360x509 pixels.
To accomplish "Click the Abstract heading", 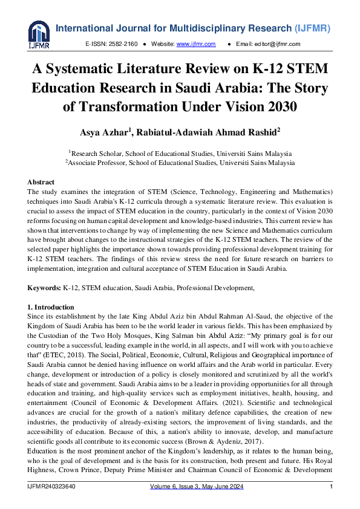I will click(41, 182).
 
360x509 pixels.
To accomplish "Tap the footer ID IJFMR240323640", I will click(53, 487).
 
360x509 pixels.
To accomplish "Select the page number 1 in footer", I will click(331, 487).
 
